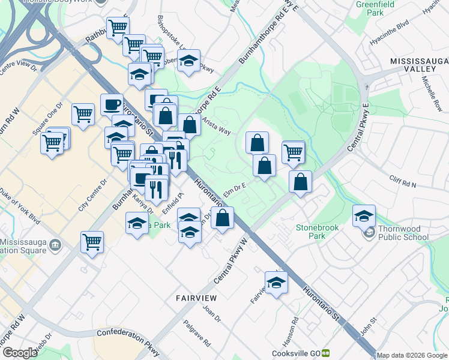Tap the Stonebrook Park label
[318, 232]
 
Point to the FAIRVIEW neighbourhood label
[196, 298]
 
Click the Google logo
[20, 353]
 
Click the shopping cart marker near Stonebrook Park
[293, 152]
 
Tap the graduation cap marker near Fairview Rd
[276, 283]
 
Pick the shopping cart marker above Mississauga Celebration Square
[92, 242]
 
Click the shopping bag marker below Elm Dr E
[222, 218]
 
